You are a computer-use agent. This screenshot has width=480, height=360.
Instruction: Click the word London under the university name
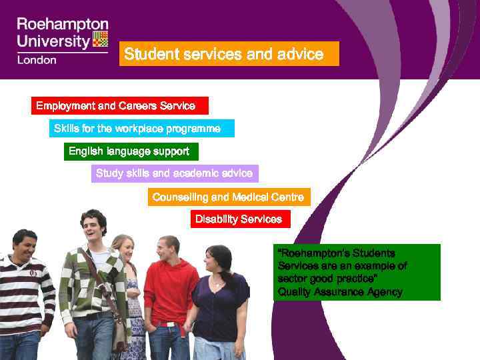pos(37,59)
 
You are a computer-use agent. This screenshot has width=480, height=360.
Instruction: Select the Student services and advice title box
pos(229,54)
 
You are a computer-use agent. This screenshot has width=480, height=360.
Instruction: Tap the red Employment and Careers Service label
pos(119,106)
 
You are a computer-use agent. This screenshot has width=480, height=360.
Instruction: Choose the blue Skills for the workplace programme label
pos(141,128)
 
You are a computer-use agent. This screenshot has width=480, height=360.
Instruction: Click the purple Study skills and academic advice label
pos(174,173)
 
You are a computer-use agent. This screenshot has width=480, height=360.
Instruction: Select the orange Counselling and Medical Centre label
pos(229,197)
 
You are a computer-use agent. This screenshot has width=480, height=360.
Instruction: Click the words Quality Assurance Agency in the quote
pos(340,292)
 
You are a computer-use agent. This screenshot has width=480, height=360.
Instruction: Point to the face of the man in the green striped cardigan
pos(93,230)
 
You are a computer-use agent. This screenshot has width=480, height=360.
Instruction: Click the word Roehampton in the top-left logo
pos(63,25)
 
